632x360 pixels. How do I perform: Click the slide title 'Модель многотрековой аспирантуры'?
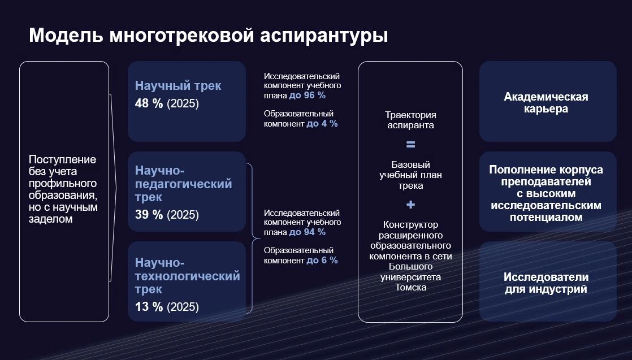point(208,35)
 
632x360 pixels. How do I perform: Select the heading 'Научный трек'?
point(178,86)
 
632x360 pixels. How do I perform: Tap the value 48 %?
point(149,105)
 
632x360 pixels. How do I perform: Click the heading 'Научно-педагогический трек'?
point(183,184)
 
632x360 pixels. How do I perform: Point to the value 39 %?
point(149,215)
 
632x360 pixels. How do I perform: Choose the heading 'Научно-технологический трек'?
point(187,276)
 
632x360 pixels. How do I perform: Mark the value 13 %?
point(149,307)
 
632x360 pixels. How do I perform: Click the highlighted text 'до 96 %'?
point(307,96)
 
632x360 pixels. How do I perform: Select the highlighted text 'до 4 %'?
point(322,123)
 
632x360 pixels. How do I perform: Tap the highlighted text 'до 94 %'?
point(307,232)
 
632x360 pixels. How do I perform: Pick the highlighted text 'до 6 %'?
point(322,260)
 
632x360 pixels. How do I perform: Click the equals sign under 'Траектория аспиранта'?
point(410,144)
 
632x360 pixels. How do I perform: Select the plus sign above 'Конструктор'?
point(410,205)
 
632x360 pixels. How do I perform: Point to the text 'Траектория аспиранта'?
point(410,120)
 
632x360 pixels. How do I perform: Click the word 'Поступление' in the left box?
point(62,159)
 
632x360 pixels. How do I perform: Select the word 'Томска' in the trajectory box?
point(410,287)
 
